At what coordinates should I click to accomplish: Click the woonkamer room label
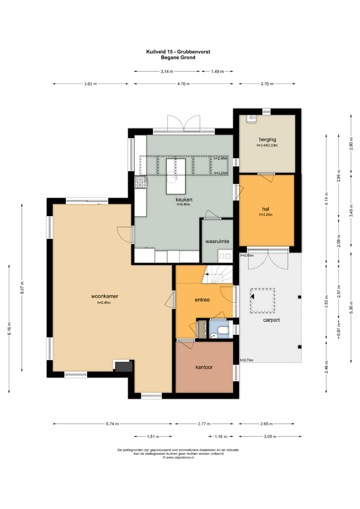[105, 296]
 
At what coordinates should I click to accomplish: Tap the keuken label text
[184, 200]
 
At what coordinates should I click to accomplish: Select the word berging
[267, 140]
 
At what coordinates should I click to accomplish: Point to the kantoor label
[204, 367]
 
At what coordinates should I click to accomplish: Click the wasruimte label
[217, 241]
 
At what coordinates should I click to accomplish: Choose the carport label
[271, 320]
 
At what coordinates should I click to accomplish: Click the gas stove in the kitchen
[140, 182]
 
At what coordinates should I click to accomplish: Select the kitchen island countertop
[176, 176]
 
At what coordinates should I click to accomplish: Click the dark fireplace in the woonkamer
[123, 367]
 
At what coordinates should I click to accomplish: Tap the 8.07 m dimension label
[22, 288]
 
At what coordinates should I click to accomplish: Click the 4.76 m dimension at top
[183, 84]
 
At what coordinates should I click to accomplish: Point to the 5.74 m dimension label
[112, 424]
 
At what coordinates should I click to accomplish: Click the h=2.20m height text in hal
[266, 214]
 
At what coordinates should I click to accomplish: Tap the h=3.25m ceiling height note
[221, 173]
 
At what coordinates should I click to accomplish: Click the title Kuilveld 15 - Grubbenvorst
[178, 52]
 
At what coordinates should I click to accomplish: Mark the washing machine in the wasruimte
[225, 256]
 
